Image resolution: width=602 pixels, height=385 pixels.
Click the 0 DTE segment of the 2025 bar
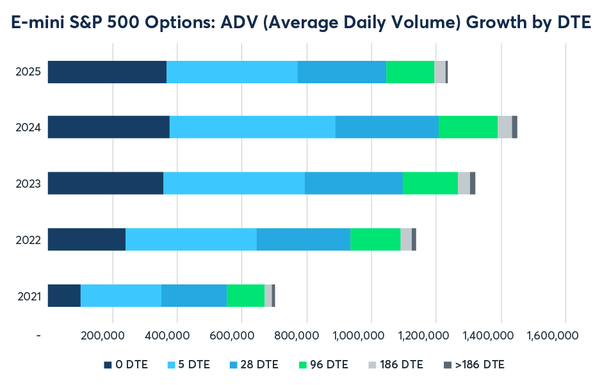tap(107, 72)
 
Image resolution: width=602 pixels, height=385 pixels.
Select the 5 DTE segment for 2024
tap(252, 127)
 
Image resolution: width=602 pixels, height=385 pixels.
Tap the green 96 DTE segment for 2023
tap(430, 183)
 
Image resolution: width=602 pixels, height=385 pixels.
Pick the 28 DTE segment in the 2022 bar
tap(303, 239)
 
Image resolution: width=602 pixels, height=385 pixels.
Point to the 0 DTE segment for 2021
tap(64, 295)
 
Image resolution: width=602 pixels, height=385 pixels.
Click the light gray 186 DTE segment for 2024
tap(505, 127)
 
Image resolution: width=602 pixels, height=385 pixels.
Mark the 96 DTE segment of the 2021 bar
tap(245, 295)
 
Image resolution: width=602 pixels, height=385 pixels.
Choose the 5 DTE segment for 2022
tap(191, 239)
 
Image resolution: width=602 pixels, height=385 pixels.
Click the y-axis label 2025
tap(29, 72)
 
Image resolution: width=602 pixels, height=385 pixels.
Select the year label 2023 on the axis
tap(29, 183)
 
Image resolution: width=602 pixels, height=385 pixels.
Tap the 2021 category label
tap(29, 296)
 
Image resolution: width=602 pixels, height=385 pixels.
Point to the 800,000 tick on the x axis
tap(307, 336)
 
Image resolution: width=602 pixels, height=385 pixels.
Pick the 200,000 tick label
tap(113, 336)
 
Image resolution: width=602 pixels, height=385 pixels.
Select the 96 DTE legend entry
tap(326, 365)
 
